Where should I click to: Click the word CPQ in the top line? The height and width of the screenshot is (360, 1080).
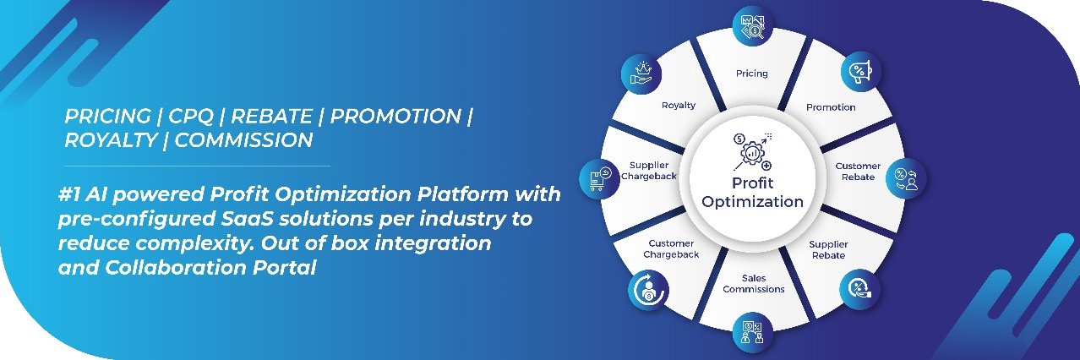point(191,116)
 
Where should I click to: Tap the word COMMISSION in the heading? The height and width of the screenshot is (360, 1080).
point(243,140)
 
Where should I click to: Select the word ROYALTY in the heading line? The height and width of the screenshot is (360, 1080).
point(111,140)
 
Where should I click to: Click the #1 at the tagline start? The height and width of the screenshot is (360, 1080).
point(70,194)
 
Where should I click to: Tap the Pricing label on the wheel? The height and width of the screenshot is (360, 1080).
point(751,74)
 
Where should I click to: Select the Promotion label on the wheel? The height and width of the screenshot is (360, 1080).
point(831,107)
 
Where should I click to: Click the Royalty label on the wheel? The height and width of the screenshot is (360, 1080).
point(679,105)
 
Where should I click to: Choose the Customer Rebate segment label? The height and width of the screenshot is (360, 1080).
point(858,171)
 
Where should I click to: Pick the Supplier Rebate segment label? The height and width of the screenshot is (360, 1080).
point(828,249)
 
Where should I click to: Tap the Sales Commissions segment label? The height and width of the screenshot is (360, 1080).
point(754,283)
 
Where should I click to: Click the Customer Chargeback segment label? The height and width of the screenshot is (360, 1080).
point(671,248)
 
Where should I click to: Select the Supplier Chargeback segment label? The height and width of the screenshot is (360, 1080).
point(649,171)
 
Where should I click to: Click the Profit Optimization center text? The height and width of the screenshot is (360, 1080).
point(752,193)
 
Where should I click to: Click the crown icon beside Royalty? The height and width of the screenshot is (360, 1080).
point(641,74)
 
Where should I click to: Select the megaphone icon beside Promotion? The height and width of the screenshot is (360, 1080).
point(861,71)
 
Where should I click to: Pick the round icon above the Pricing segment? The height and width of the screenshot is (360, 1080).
point(753,25)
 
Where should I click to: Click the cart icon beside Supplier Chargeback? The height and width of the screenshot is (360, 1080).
point(599,178)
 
